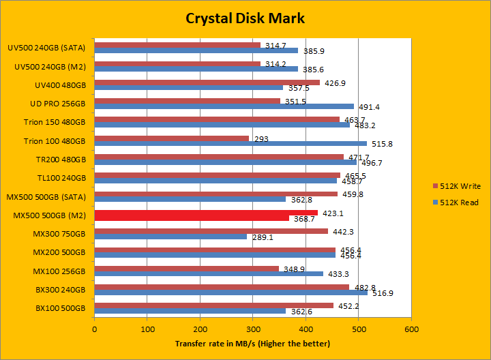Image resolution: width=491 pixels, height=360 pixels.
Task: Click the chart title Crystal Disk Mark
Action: (245, 18)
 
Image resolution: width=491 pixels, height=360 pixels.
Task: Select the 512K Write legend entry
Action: (459, 185)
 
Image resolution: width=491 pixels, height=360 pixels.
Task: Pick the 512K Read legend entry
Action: (458, 202)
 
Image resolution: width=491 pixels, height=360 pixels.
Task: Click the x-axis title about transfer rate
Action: (252, 343)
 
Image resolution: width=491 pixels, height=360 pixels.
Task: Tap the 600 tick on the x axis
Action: (411, 329)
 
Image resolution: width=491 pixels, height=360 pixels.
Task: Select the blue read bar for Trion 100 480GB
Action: (230, 143)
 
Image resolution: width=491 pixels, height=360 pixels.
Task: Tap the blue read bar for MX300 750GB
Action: (170, 237)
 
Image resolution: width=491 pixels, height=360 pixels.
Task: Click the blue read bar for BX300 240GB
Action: (231, 292)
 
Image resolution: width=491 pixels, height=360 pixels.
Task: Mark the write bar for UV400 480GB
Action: (207, 82)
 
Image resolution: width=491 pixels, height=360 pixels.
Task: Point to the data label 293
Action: (262, 139)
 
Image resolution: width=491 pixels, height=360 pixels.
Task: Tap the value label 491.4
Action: (369, 107)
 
